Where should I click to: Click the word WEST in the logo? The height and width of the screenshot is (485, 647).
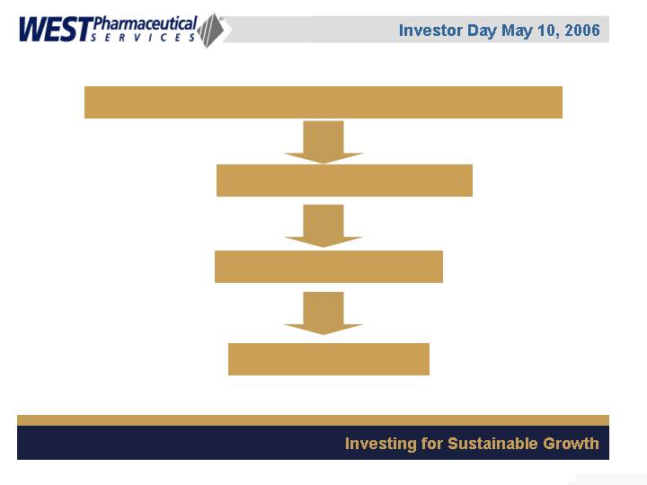click(56, 30)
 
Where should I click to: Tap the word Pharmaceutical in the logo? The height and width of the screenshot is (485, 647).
click(146, 24)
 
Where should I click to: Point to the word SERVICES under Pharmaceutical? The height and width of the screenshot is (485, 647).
click(143, 38)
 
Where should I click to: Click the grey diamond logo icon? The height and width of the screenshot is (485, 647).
click(211, 31)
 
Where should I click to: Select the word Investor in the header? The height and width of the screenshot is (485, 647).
click(430, 31)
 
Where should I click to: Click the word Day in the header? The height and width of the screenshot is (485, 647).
click(482, 31)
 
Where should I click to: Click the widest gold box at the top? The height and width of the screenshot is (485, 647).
click(323, 102)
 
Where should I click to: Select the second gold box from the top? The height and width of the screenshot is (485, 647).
click(344, 181)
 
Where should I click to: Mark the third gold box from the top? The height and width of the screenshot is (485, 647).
click(329, 267)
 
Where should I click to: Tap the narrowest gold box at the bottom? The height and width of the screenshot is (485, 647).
click(329, 359)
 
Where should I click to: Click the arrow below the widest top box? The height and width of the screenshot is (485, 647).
click(323, 142)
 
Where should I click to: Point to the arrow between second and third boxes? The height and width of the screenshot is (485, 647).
click(323, 226)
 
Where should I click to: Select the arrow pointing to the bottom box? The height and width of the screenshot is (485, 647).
click(323, 313)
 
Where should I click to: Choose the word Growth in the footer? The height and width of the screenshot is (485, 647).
click(571, 444)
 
